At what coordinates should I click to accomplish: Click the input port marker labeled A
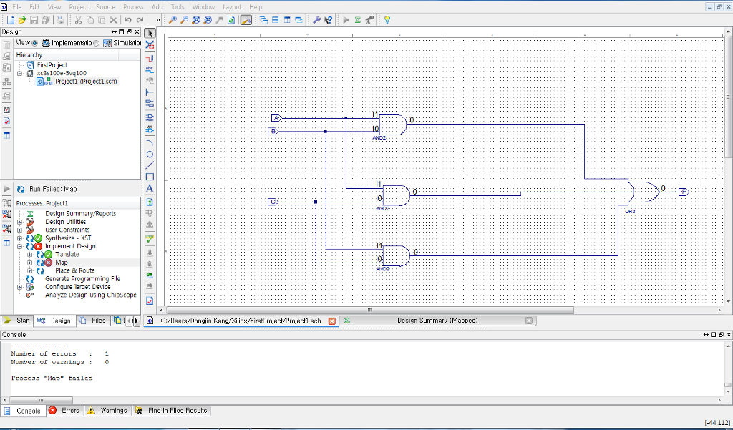point(276,117)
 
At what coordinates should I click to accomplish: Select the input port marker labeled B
point(272,131)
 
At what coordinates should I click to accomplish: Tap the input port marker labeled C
point(272,202)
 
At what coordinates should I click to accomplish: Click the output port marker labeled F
point(683,192)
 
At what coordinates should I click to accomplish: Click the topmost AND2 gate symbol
point(392,124)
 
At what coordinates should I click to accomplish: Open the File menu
point(16,6)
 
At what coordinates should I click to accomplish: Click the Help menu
point(256,6)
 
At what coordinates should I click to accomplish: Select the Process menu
point(133,6)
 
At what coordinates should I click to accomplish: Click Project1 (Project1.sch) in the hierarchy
point(85,82)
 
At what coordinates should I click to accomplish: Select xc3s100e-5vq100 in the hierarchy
point(62,73)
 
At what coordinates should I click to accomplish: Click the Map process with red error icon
point(62,263)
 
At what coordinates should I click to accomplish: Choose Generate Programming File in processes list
point(82,279)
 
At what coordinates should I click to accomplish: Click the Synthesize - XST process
point(68,238)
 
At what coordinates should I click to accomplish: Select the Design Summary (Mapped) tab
point(437,321)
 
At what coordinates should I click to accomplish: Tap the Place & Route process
point(74,270)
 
